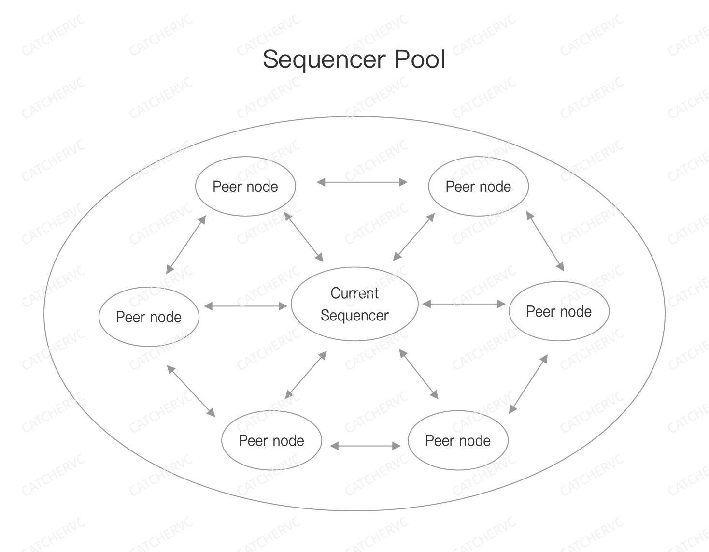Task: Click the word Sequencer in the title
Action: (324, 59)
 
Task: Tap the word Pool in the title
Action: (419, 59)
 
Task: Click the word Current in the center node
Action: (354, 293)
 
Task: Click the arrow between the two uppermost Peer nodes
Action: (362, 182)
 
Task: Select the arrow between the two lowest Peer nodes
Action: (366, 446)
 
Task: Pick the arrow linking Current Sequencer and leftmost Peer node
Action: (245, 306)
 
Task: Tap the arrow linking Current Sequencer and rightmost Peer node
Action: (464, 304)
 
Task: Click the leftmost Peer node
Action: (149, 317)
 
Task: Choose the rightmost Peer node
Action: (559, 312)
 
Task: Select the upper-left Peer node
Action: (245, 187)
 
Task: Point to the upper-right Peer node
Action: (478, 187)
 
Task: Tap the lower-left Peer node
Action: (271, 441)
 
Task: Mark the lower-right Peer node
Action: (458, 441)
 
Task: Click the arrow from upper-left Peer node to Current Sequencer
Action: (304, 237)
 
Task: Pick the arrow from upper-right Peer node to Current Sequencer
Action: (414, 237)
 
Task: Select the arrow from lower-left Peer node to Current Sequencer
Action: (306, 375)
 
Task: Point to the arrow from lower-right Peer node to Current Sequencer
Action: (419, 374)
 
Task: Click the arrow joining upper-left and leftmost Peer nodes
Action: (186, 245)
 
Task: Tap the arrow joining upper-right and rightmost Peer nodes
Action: (545, 241)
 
